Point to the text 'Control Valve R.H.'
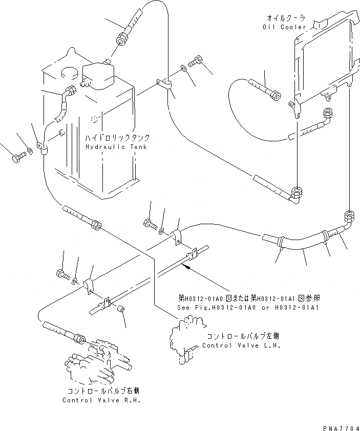[x=101, y=400]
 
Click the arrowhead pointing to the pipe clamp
[x=188, y=267]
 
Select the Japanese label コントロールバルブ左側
[x=242, y=337]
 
